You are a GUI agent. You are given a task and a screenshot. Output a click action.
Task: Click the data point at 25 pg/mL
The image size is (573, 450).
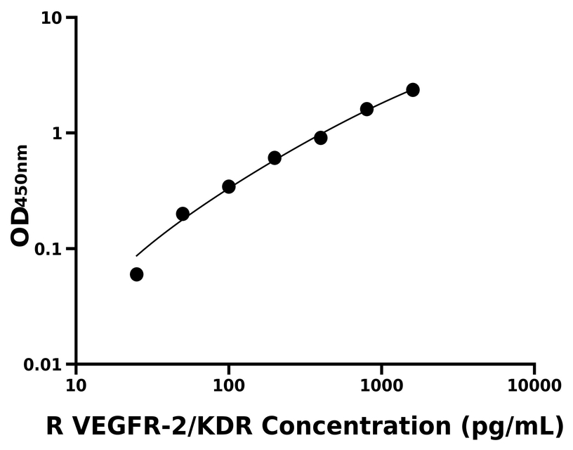(136, 274)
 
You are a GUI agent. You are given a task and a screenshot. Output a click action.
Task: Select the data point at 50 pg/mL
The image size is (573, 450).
(183, 214)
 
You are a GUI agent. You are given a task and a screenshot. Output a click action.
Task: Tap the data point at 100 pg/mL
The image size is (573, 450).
(228, 186)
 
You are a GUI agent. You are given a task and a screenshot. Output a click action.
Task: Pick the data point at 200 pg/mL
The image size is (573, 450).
(275, 157)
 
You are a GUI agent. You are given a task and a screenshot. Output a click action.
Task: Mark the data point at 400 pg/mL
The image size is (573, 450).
(320, 138)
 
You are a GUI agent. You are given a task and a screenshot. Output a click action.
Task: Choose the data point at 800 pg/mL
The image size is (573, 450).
(367, 109)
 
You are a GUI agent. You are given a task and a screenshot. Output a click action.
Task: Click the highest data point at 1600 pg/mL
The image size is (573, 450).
(413, 90)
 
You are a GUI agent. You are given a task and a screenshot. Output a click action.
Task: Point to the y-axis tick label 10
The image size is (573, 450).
(51, 18)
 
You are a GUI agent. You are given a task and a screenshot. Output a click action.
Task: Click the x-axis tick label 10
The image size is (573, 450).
(76, 386)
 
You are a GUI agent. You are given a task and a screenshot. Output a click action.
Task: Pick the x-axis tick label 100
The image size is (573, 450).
(228, 386)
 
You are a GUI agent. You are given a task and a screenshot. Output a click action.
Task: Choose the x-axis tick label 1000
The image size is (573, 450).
(381, 386)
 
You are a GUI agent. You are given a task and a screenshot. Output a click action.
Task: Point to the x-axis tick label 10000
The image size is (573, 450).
(534, 386)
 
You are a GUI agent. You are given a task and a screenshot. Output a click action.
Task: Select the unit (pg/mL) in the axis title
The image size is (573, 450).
(513, 426)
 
